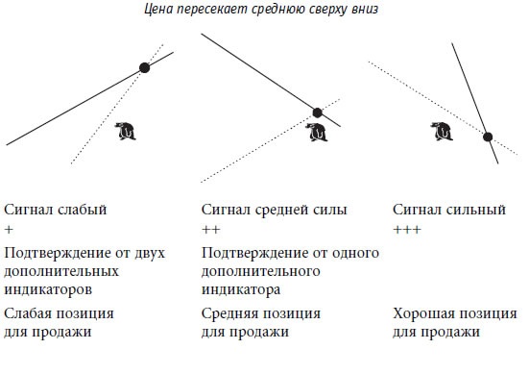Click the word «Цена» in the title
coord(158,12)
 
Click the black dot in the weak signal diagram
coord(145,66)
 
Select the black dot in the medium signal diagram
coord(319,112)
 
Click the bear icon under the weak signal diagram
coord(125,131)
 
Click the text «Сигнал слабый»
coord(56,209)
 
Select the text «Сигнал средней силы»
coord(275,209)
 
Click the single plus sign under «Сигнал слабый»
coord(9,231)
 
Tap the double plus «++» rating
coord(211,231)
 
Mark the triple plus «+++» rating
coord(408,231)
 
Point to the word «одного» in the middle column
coord(357,253)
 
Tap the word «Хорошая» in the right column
coord(425,314)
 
